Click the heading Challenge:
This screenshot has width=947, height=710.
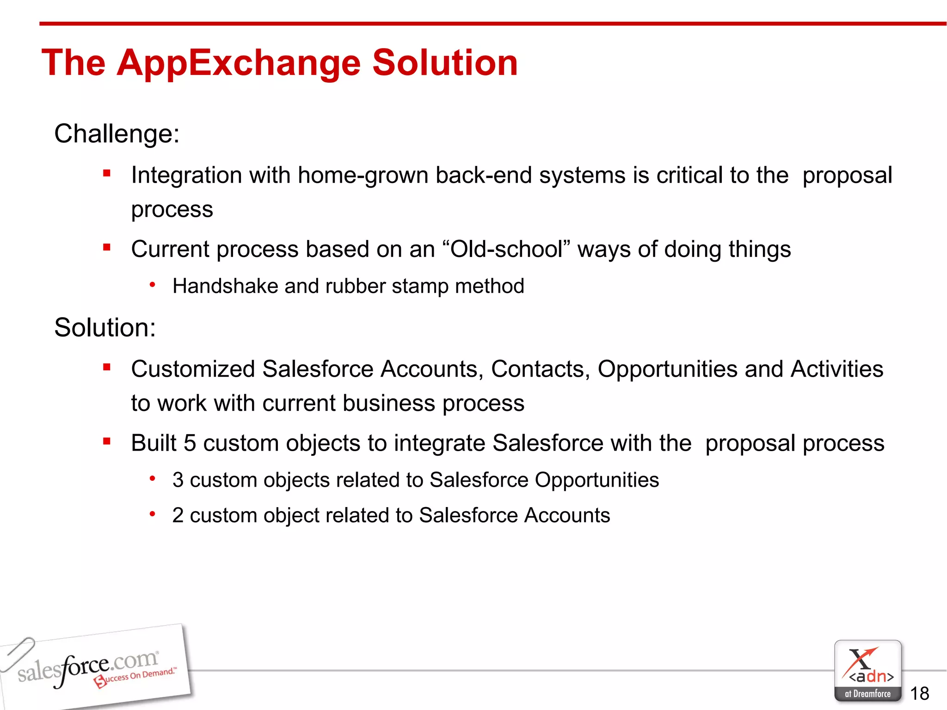pos(117,134)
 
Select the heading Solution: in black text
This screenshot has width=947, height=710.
pos(105,328)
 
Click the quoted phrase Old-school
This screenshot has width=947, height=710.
pos(507,250)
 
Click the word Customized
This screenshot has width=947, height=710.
pos(193,369)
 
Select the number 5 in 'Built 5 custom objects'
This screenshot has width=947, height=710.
pos(190,443)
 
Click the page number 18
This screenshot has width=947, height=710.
pos(919,693)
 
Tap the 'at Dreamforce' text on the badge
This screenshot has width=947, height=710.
pos(867,694)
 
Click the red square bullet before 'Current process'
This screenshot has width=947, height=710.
pos(107,247)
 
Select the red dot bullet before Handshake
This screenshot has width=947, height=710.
pos(152,285)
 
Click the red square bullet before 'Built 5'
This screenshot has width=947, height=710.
pos(107,441)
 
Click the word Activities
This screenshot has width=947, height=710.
pos(836,369)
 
